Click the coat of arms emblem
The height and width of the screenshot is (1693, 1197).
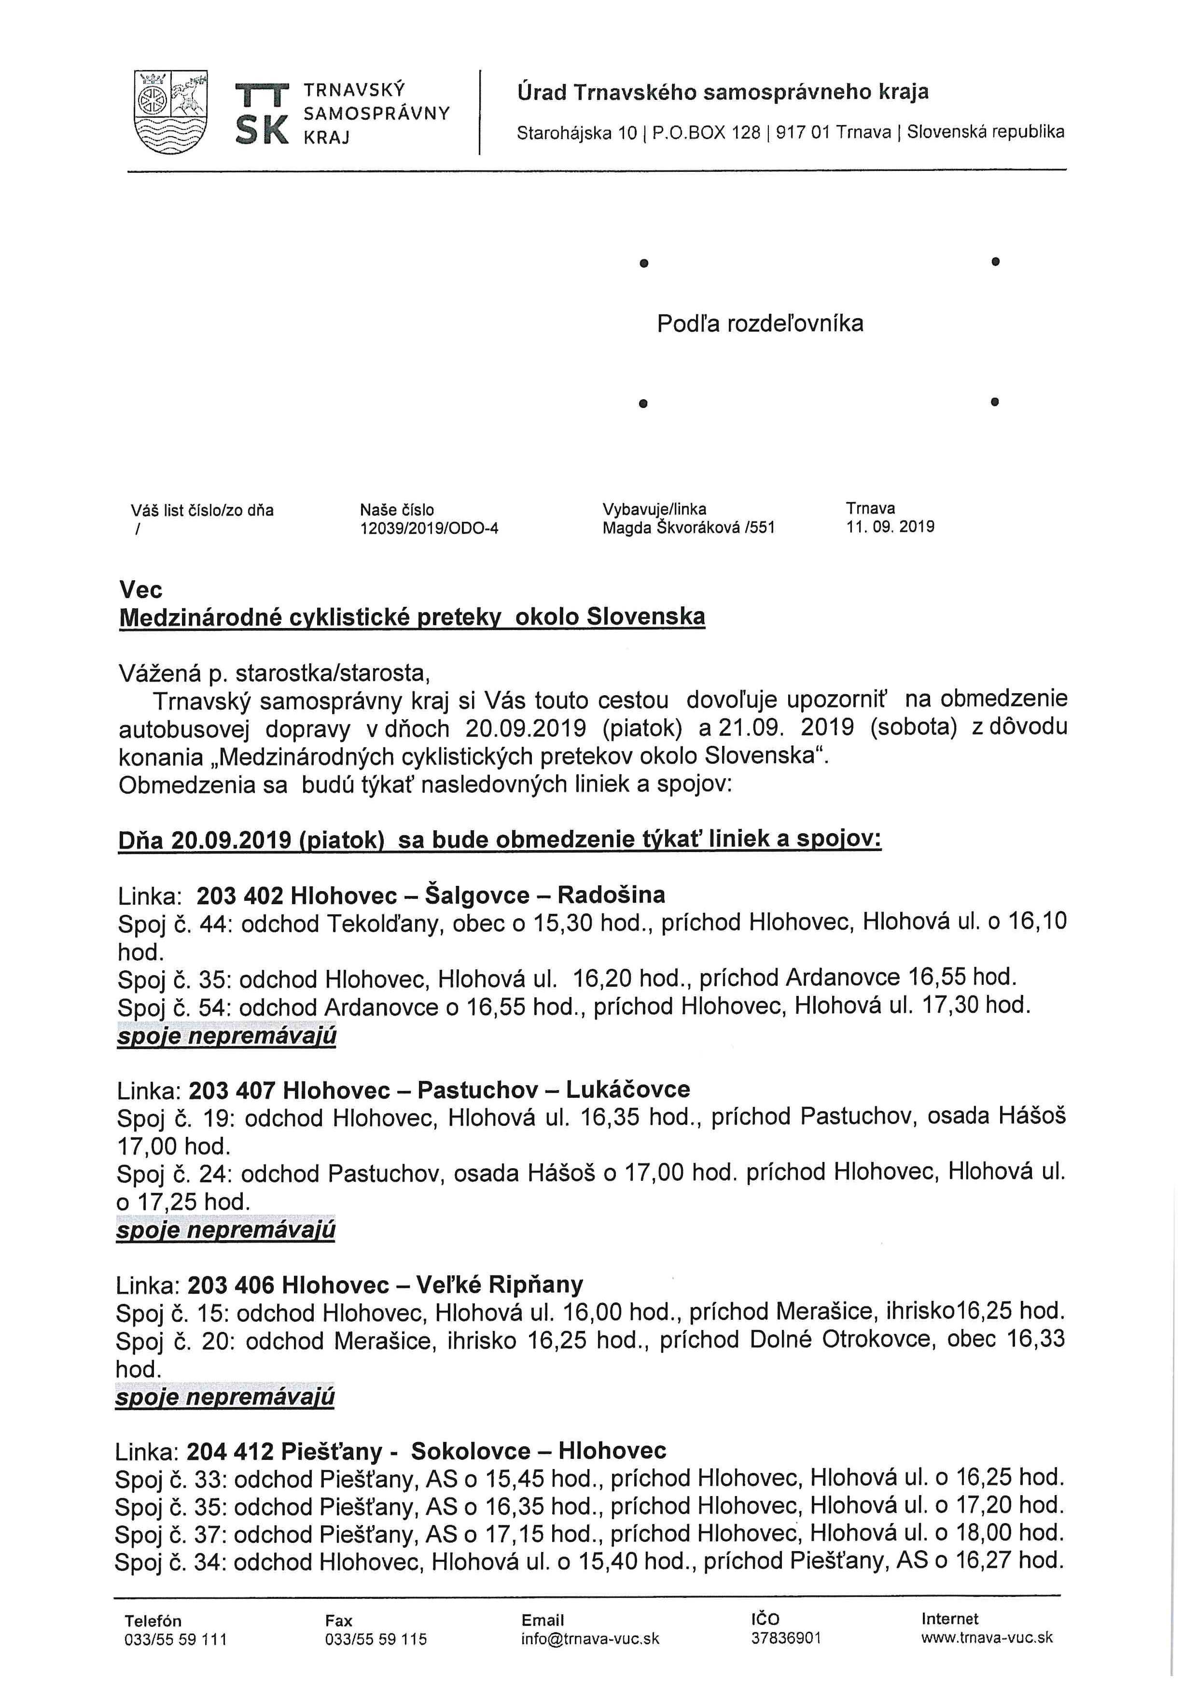[171, 112]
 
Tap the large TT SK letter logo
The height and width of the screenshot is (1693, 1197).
[261, 114]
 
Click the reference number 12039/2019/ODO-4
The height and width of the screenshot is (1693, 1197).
[429, 528]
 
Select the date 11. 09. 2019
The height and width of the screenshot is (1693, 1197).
[891, 527]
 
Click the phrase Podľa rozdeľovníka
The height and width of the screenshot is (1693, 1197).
[760, 324]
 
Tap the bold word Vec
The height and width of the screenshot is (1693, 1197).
[141, 590]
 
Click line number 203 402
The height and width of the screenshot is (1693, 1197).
[240, 895]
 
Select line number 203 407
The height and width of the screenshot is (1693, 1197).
[232, 1090]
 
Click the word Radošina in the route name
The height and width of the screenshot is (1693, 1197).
[611, 895]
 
